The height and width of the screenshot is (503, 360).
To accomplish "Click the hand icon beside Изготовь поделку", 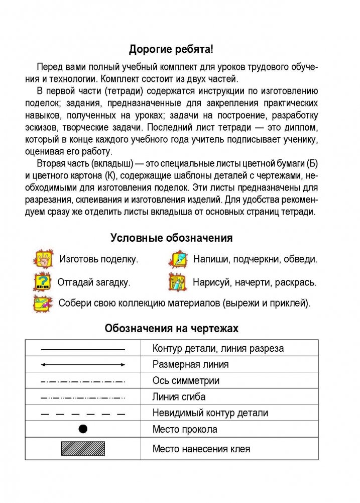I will click(x=43, y=259).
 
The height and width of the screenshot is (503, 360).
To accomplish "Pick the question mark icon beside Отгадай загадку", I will click(x=42, y=282).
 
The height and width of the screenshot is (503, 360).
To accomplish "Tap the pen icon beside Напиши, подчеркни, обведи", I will click(x=177, y=259).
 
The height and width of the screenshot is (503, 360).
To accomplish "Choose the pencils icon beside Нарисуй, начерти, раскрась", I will click(x=177, y=282).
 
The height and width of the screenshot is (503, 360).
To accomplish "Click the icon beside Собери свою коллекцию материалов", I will click(x=42, y=304).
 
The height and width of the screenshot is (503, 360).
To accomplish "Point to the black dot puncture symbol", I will click(x=83, y=429).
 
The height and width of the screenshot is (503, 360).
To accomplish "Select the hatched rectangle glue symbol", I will click(x=83, y=448).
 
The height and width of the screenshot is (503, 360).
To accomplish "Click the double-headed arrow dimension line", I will click(x=83, y=364).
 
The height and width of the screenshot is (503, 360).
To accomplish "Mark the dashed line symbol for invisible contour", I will click(x=83, y=413).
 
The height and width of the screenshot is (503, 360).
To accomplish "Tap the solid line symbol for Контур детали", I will click(x=83, y=348).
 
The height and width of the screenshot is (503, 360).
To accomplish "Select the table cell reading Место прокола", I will click(x=185, y=429).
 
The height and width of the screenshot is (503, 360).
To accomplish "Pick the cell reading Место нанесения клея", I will click(x=201, y=449).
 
